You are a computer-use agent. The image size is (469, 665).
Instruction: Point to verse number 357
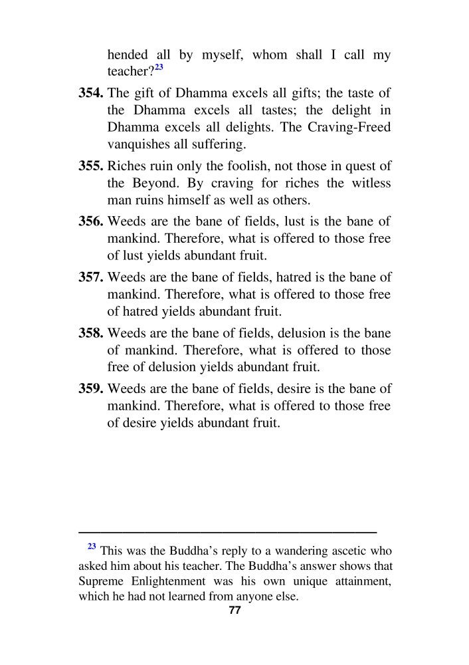[x=91, y=278]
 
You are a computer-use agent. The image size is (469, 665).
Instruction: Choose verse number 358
[x=91, y=334]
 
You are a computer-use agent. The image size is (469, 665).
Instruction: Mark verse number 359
[x=91, y=389]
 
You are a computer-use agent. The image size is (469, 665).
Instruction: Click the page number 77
[x=234, y=611]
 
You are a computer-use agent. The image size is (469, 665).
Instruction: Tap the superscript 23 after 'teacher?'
[x=159, y=68]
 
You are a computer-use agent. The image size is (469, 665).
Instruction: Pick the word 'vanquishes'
[x=137, y=144]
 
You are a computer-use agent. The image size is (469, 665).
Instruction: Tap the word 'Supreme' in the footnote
[x=100, y=582]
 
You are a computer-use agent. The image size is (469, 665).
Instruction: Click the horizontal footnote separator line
[x=227, y=532]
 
